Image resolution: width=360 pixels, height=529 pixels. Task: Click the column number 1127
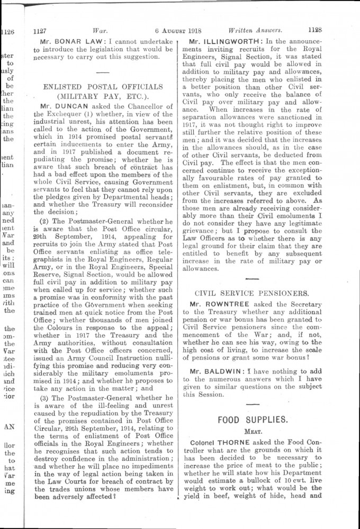[41, 31]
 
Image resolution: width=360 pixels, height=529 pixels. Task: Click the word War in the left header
[98, 31]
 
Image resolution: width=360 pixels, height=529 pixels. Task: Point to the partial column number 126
[7, 31]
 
